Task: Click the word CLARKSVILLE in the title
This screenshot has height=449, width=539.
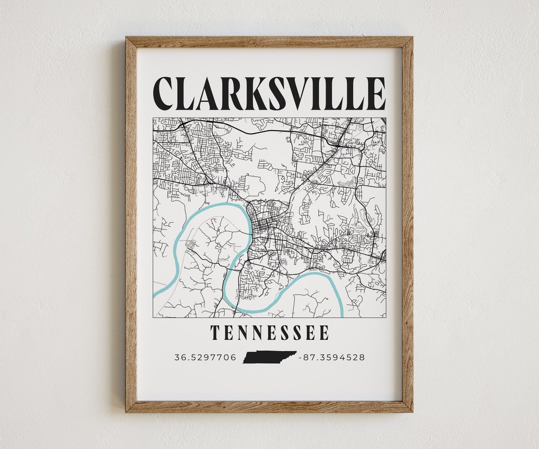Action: click(x=269, y=93)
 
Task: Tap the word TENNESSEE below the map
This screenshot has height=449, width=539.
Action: click(x=269, y=332)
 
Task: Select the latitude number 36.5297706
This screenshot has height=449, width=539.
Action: click(x=205, y=357)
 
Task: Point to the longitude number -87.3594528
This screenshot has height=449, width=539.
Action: click(x=331, y=357)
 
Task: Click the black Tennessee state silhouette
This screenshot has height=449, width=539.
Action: click(x=269, y=357)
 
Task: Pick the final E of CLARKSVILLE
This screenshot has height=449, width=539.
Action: click(x=376, y=93)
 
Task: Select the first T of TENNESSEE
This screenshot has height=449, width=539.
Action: click(x=215, y=332)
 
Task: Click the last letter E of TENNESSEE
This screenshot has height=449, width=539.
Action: click(x=324, y=332)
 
